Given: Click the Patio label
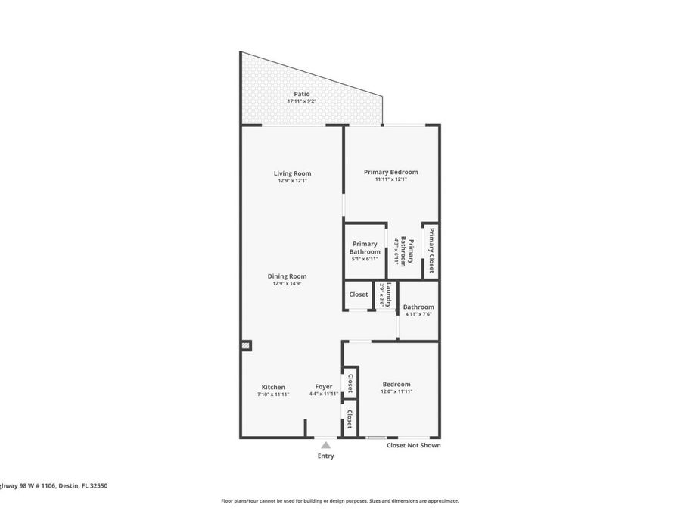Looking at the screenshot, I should click(302, 94).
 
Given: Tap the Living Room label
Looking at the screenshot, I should click(292, 173).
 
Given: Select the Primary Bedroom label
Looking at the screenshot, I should click(390, 172).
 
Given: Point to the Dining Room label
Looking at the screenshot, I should click(287, 276).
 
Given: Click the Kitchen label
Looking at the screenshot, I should click(273, 387).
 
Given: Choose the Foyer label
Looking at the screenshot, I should click(323, 387).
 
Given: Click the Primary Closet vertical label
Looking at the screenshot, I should click(431, 250).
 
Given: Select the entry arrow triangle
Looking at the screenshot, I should click(325, 445).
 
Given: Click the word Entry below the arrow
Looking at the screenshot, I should click(325, 456).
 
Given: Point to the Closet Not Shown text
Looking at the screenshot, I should click(413, 446).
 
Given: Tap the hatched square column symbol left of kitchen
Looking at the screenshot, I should click(246, 345).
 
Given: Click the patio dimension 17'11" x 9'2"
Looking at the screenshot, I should click(302, 101).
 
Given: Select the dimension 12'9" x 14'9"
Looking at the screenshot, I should click(287, 284).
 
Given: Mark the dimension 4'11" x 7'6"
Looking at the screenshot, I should click(418, 314).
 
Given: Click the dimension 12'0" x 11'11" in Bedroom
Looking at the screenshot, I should click(396, 391).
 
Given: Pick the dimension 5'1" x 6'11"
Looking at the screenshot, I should click(364, 259).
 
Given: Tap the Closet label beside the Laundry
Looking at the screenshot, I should click(358, 294).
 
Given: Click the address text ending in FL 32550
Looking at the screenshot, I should click(53, 485).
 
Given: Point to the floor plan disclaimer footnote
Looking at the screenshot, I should click(340, 500).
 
